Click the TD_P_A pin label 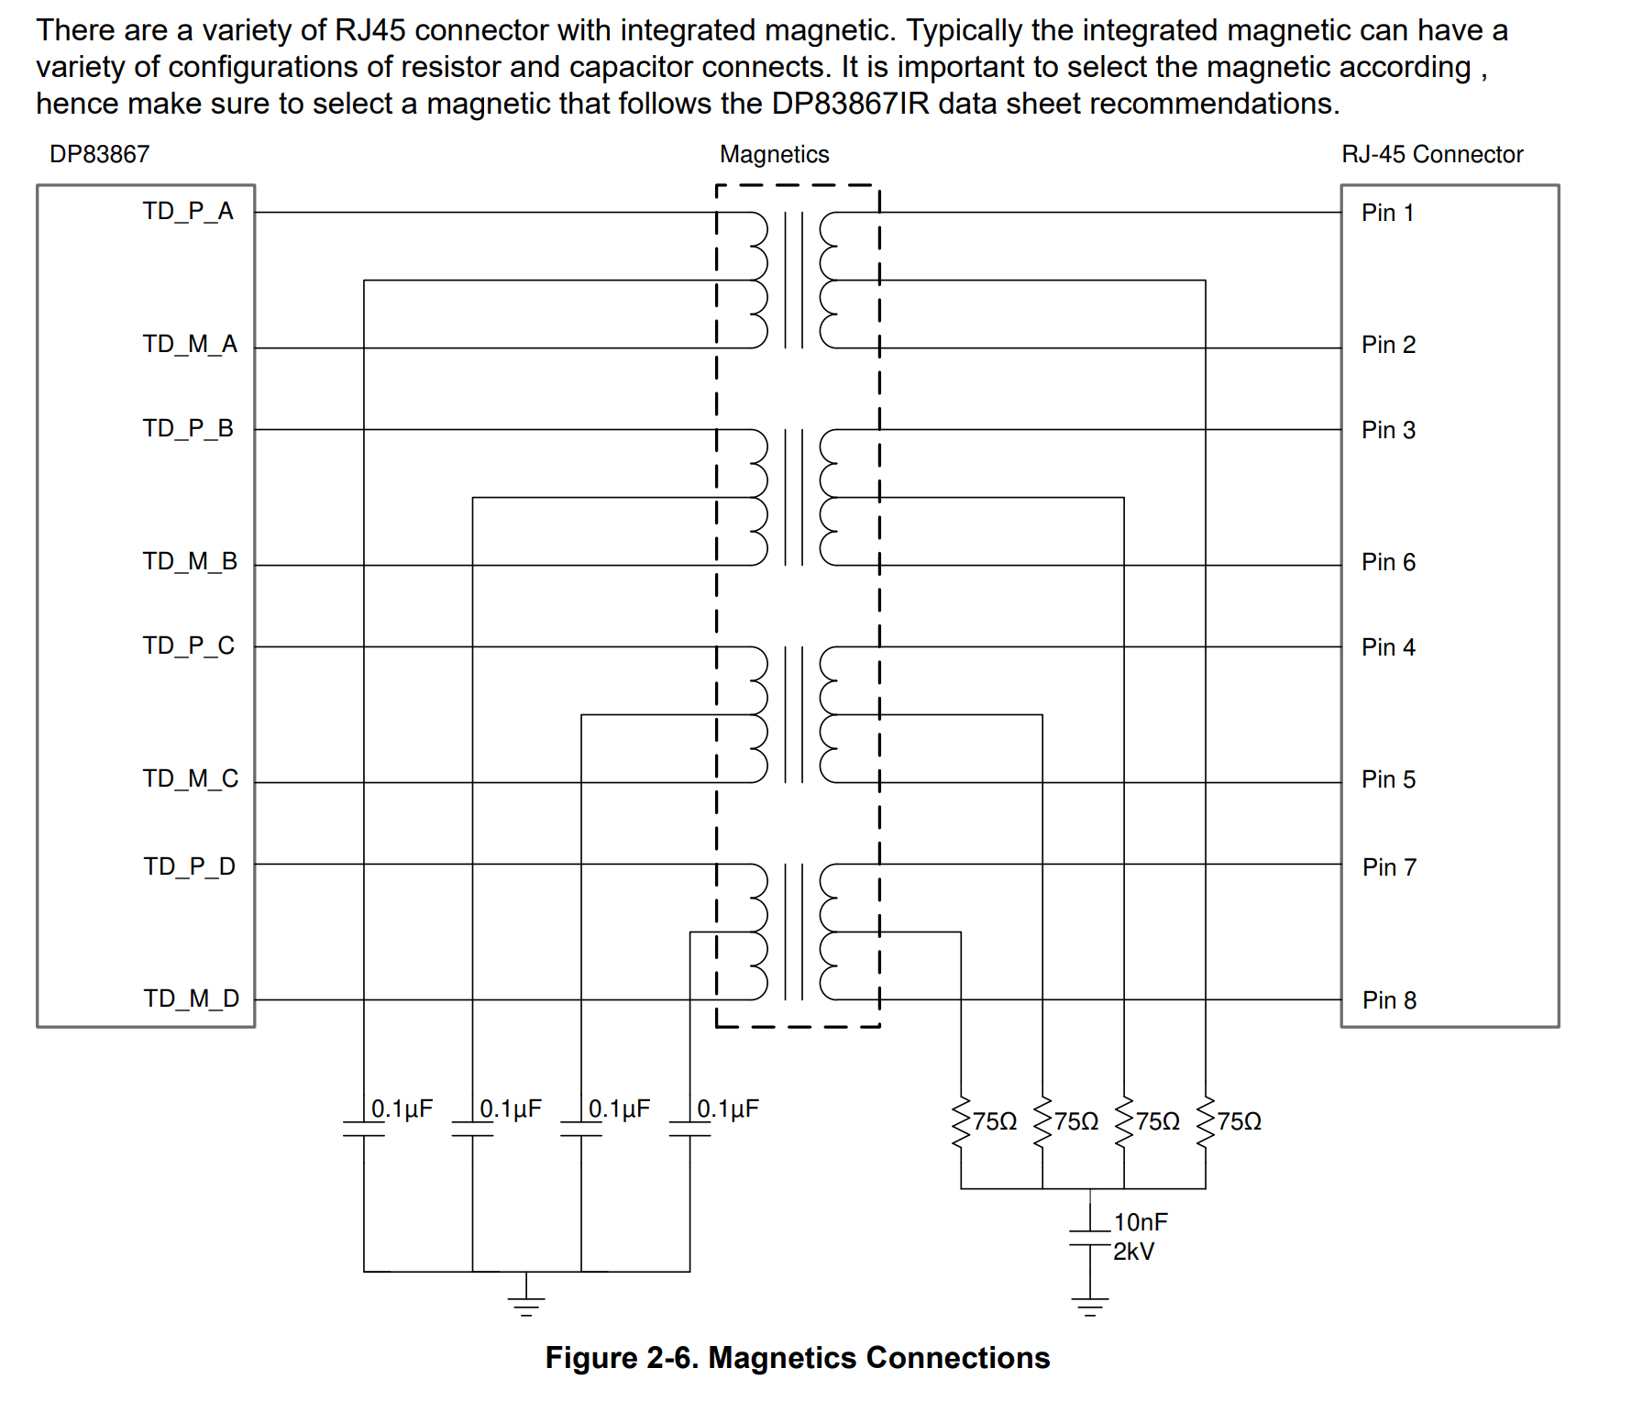188,212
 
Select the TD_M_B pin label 190,561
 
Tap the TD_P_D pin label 189,866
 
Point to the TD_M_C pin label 190,778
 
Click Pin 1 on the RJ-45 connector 1387,213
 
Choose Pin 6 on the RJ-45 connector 1388,562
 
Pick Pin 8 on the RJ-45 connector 1389,1000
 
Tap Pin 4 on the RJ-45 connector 1388,647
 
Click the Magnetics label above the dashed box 774,154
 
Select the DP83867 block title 99,154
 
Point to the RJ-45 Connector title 1432,154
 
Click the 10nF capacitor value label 1141,1222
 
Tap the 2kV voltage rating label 1134,1252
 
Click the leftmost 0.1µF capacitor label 402,1109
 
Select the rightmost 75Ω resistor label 1239,1121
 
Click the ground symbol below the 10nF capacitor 1089,1307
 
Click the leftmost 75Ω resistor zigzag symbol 961,1122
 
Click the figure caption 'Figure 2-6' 797,1358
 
